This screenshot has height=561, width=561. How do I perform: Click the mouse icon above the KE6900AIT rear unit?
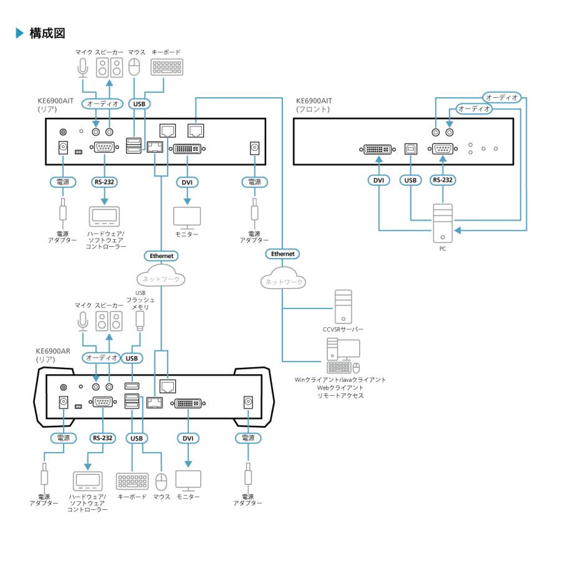click(x=134, y=67)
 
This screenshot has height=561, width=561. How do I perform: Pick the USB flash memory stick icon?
click(x=140, y=320)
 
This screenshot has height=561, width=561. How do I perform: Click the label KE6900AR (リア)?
click(x=54, y=355)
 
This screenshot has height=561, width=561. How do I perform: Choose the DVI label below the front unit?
click(x=378, y=181)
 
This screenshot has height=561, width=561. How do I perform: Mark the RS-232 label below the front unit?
click(x=442, y=181)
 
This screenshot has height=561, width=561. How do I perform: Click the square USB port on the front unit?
click(x=411, y=149)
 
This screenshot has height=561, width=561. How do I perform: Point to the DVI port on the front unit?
click(x=378, y=149)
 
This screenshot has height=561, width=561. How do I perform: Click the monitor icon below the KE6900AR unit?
click(x=188, y=479)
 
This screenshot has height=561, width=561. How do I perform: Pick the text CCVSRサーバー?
click(x=343, y=328)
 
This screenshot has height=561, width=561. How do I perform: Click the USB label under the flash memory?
click(x=131, y=358)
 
